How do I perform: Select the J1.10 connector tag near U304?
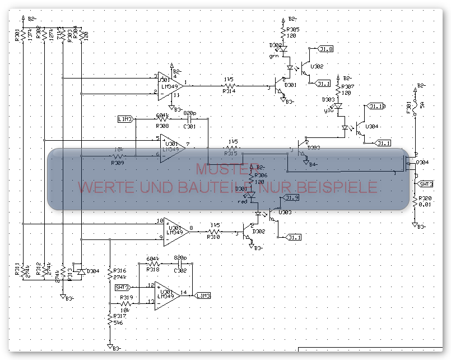coord(375,106)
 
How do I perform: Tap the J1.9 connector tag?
coord(292,198)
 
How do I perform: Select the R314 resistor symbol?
coord(229,86)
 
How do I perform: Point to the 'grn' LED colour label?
coord(274,56)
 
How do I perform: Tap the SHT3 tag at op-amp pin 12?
coord(123,287)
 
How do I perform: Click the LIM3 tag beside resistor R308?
coord(125,119)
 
